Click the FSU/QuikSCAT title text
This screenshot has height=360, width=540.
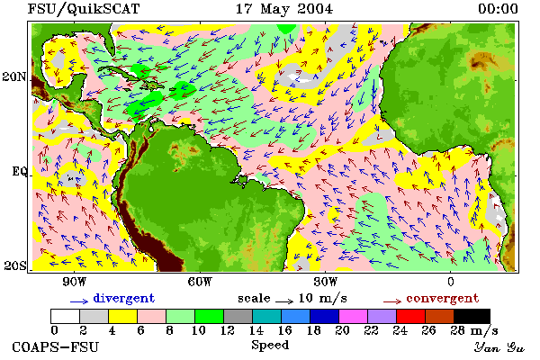click(84, 9)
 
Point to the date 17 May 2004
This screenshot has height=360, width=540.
click(284, 9)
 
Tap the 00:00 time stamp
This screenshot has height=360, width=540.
click(498, 9)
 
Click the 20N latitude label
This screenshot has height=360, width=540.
click(14, 76)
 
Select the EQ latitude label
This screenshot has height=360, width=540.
click(20, 171)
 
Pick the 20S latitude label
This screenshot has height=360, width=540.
click(15, 265)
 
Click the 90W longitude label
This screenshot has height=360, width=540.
click(75, 282)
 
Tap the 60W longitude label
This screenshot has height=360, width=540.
click(200, 282)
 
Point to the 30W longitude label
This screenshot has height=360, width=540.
click(326, 282)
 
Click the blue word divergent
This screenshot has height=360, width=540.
click(124, 298)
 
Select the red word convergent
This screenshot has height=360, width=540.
click(443, 298)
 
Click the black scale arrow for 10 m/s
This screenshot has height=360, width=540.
click(284, 301)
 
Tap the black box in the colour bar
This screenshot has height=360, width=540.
click(472, 316)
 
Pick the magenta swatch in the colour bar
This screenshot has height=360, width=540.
click(354, 316)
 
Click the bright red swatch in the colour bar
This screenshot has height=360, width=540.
click(411, 316)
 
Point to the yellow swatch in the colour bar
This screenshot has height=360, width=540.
click(123, 316)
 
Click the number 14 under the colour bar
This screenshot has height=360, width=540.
click(256, 330)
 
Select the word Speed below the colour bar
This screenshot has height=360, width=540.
click(270, 346)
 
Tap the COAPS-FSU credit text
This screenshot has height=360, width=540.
click(56, 346)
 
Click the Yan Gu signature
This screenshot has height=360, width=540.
click(499, 347)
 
